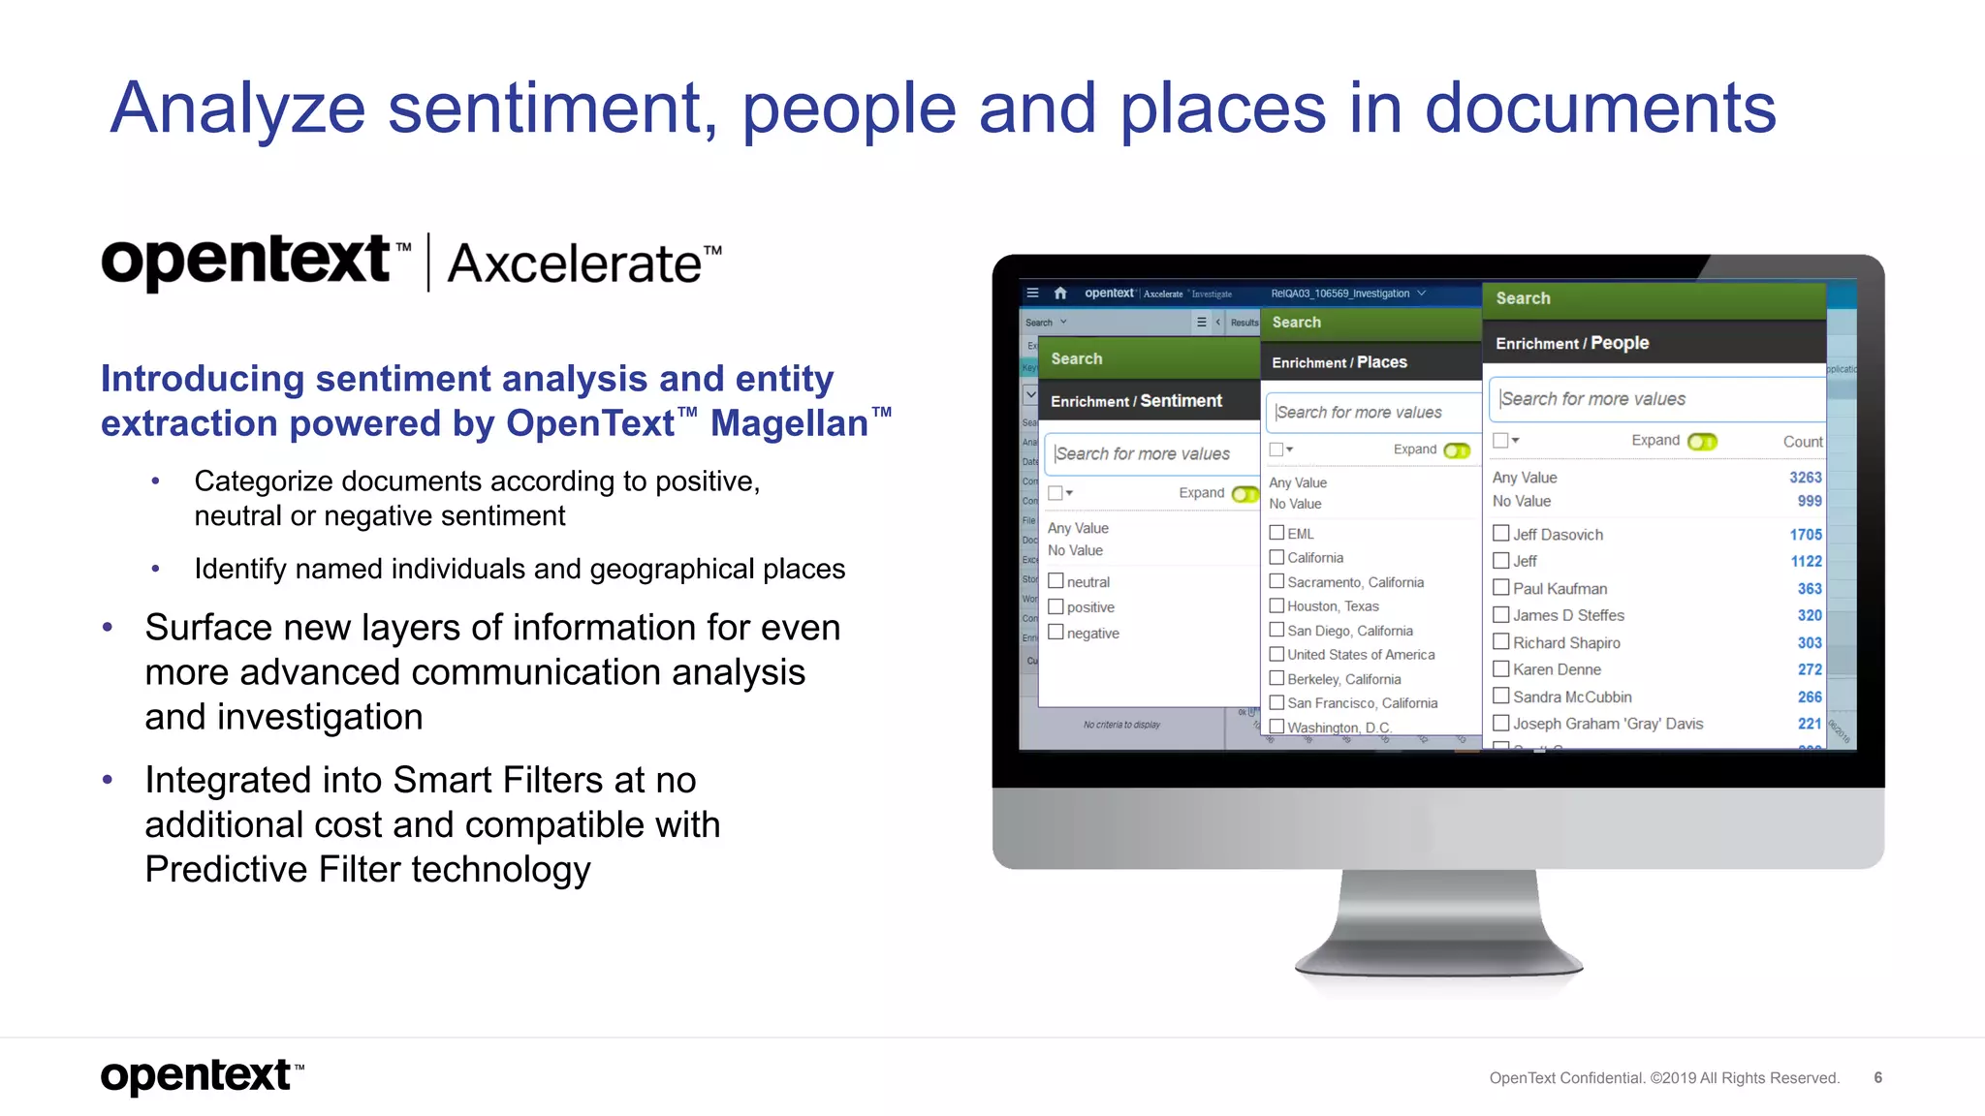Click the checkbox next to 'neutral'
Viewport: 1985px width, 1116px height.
pos(1056,581)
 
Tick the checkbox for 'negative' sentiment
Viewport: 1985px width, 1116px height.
pos(1056,633)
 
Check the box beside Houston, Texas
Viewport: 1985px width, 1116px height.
pos(1276,605)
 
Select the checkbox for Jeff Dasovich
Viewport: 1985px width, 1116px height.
pos(1500,534)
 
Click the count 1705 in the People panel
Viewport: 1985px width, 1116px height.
pos(1805,535)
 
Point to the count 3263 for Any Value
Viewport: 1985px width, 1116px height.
pos(1805,478)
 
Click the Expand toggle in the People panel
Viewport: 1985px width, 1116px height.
pos(1702,442)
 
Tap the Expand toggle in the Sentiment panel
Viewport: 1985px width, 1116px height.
pos(1245,494)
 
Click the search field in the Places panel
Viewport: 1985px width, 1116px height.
pos(1371,413)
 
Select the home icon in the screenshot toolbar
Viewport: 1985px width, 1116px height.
pos(1060,293)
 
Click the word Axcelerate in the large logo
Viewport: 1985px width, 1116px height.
pos(574,264)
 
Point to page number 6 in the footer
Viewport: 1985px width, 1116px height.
pos(1877,1077)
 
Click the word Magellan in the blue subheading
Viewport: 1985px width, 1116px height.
pos(789,424)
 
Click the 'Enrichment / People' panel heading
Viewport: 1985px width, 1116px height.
pos(1571,343)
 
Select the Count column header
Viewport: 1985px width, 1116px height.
pos(1802,442)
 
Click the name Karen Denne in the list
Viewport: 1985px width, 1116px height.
pos(1557,669)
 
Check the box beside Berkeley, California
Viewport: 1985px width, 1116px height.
pos(1276,678)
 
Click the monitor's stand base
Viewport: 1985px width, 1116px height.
pos(1438,964)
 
